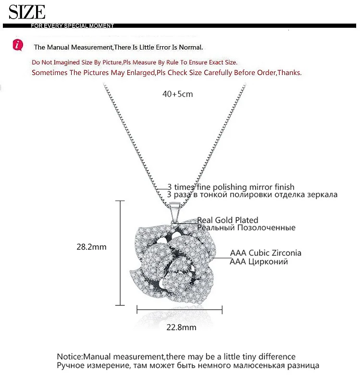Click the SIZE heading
pyautogui.click(x=27, y=12)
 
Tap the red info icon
pyautogui.click(x=18, y=45)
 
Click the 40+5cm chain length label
pyautogui.click(x=178, y=94)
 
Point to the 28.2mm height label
pyautogui.click(x=91, y=247)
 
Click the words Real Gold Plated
pyautogui.click(x=227, y=220)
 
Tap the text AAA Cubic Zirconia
pyautogui.click(x=266, y=253)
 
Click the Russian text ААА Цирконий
pyautogui.click(x=259, y=262)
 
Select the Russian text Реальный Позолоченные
pyautogui.click(x=246, y=228)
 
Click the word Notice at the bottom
pyautogui.click(x=70, y=357)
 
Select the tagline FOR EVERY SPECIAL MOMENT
pyautogui.click(x=72, y=25)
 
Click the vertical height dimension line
pyautogui.click(x=120, y=253)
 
